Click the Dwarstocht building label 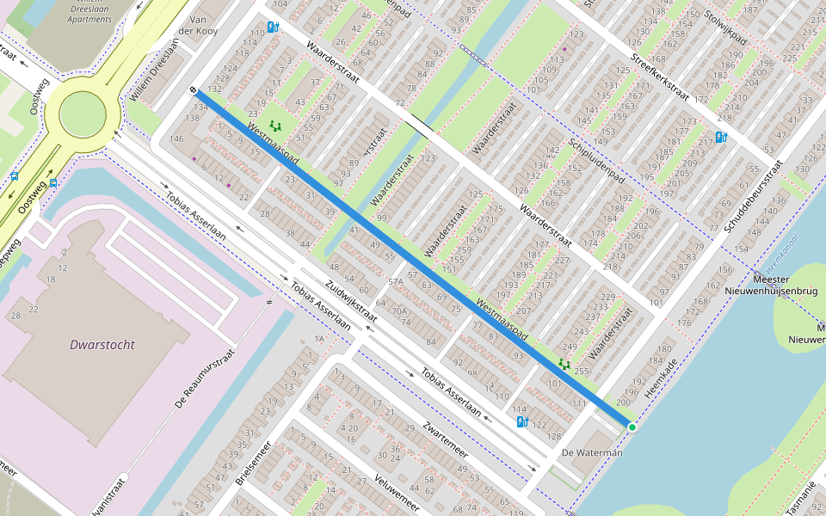tap(102, 344)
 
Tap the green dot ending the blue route tap(632, 427)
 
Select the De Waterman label tap(592, 452)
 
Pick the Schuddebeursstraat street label tap(745, 195)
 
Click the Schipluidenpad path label tap(595, 161)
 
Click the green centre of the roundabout tap(83, 113)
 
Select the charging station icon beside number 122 tap(521, 421)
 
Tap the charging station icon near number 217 tap(720, 138)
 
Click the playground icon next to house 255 tap(564, 365)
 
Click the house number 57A tap(396, 281)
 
